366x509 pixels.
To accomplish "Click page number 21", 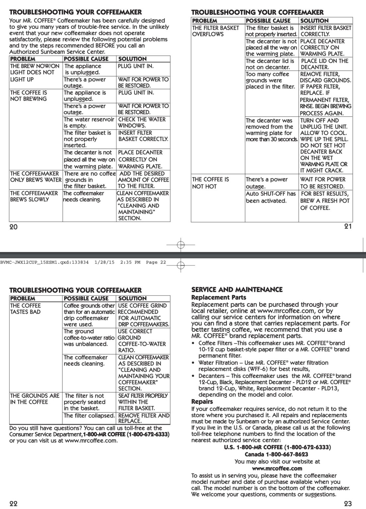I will pyautogui.click(x=348, y=226).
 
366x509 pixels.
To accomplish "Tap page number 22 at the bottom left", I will pyautogui.click(x=13, y=503).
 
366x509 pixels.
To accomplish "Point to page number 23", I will pyautogui.click(x=348, y=503).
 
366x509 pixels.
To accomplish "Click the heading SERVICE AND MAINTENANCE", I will pyautogui.click(x=237, y=290).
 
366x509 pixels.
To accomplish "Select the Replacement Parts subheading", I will pyautogui.click(x=219, y=297).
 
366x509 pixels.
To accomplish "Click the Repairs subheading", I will pyautogui.click(x=202, y=402).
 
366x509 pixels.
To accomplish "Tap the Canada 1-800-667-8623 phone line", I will pyautogui.click(x=276, y=454).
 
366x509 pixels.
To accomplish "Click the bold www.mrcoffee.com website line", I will pyautogui.click(x=277, y=468).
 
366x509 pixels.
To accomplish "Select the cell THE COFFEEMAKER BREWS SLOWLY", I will pyautogui.click(x=34, y=197).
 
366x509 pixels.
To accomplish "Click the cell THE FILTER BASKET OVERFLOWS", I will pyautogui.click(x=216, y=31).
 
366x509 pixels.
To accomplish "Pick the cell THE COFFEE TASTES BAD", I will pyautogui.click(x=26, y=309).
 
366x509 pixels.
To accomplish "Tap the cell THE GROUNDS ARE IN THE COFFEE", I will pyautogui.click(x=35, y=399).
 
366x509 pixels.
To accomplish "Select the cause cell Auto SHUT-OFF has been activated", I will pyautogui.click(x=270, y=197).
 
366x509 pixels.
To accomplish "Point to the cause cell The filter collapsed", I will pyautogui.click(x=89, y=416).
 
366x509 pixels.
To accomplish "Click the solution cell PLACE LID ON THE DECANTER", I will pyautogui.click(x=325, y=64).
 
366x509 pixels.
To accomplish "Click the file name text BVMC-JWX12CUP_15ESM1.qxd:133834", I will pyautogui.click(x=44, y=262).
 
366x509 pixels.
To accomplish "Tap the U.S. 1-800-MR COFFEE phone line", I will pyautogui.click(x=277, y=447).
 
